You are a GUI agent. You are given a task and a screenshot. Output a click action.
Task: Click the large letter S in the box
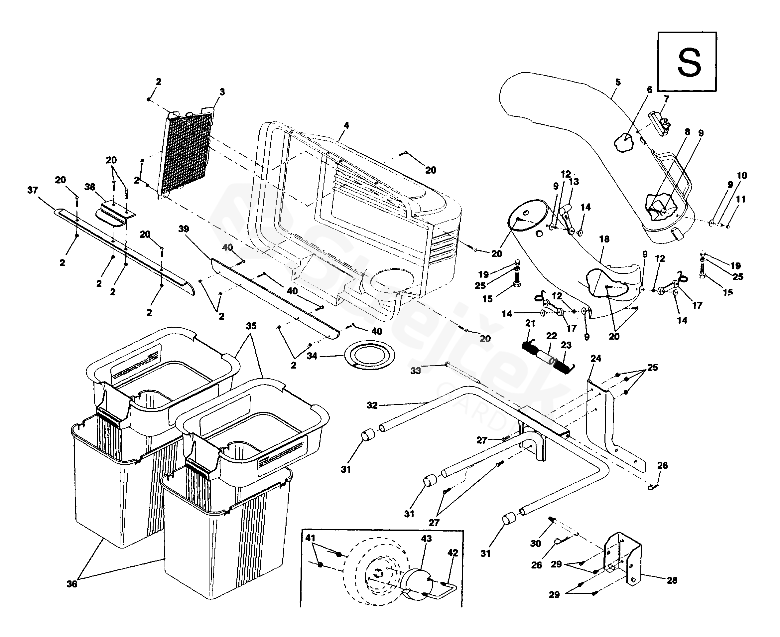689,63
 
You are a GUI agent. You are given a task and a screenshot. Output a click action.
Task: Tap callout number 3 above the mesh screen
222,92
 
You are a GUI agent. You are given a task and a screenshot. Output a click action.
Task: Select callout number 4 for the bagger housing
346,125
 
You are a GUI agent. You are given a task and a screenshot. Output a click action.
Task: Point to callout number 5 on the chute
618,82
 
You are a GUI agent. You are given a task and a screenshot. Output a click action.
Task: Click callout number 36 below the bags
72,584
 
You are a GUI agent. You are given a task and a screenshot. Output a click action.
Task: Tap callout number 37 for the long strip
33,190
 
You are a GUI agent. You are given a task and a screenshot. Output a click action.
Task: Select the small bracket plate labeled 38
114,213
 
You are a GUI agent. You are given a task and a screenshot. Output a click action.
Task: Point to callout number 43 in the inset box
426,539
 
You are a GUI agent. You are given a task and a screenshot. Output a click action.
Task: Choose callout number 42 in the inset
453,553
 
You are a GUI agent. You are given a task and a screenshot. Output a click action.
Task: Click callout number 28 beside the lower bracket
672,580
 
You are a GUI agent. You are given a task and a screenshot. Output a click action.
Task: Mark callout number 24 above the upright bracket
596,359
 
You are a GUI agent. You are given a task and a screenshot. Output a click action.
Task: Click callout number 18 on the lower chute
604,239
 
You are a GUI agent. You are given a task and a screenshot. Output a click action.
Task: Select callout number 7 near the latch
666,99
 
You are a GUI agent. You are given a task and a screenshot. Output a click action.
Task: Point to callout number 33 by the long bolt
415,371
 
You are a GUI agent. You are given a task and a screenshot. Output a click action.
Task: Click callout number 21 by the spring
530,323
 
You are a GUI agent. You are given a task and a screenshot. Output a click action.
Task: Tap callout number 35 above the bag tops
251,326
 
